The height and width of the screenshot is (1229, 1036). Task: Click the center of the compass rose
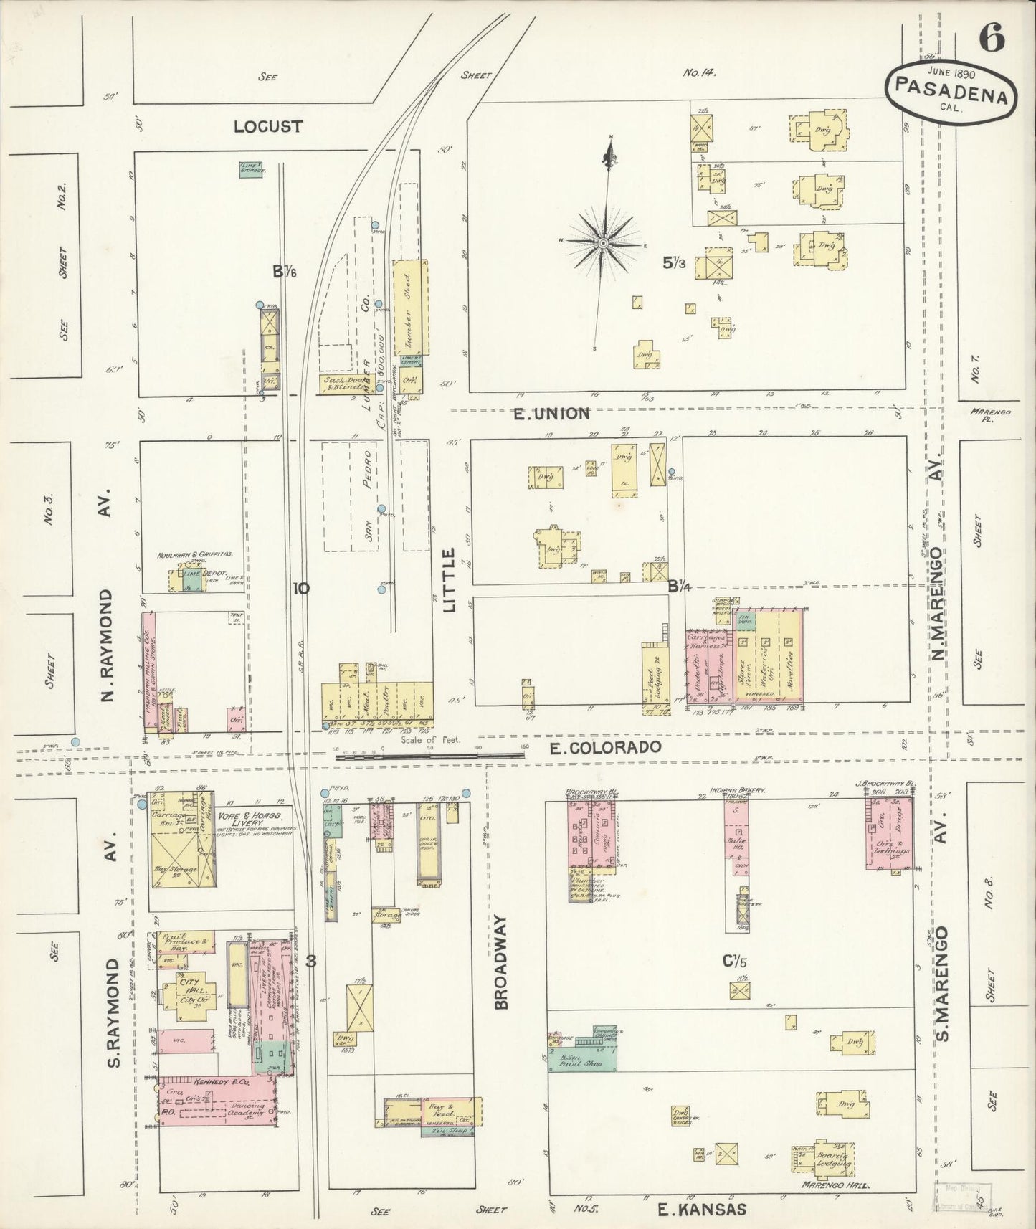pyautogui.click(x=604, y=243)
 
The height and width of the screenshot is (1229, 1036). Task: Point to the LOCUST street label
pyautogui.click(x=268, y=126)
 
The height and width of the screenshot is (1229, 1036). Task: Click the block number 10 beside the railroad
pyautogui.click(x=301, y=589)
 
